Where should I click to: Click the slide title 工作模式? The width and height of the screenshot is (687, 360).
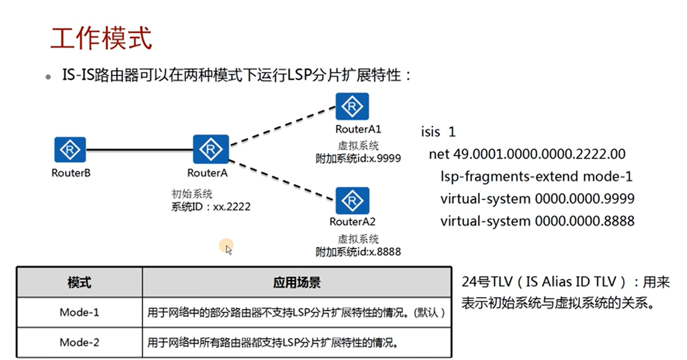(101, 38)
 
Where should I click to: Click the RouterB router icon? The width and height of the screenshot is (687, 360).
(70, 150)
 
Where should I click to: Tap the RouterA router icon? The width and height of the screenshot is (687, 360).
(211, 149)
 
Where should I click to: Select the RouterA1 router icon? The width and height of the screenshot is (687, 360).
(352, 107)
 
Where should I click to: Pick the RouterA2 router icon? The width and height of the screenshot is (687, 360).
(352, 201)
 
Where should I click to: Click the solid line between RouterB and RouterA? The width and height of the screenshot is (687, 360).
(139, 150)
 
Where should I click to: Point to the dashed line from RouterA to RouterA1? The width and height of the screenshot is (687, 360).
(283, 126)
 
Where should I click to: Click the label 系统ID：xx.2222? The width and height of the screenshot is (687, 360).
(211, 207)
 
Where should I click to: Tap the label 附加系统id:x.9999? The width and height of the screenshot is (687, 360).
(358, 158)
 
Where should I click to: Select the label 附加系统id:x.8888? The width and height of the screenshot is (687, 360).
(358, 252)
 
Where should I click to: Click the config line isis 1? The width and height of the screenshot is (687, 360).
(438, 132)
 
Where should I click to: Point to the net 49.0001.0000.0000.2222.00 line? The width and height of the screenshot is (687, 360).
(527, 154)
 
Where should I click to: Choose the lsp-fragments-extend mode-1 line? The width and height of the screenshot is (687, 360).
(537, 176)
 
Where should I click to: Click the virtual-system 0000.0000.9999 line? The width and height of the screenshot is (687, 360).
(537, 199)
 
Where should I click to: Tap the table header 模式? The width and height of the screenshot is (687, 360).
(79, 283)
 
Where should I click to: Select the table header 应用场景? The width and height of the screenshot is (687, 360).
(297, 283)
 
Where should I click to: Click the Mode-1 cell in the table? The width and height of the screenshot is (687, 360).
(79, 313)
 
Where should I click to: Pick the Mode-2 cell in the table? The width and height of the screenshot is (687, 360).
(79, 342)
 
